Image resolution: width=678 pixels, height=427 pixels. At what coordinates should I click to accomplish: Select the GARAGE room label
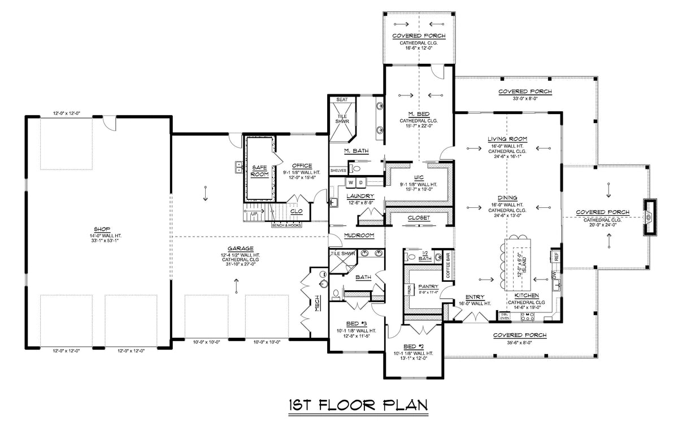(x=241, y=248)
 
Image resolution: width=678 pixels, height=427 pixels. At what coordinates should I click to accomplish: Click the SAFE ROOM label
(x=259, y=171)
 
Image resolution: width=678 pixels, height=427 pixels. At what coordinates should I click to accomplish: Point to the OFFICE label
(x=301, y=165)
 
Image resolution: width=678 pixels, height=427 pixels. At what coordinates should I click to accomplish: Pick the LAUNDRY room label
(x=357, y=196)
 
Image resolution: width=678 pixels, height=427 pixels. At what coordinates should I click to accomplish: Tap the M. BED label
(x=419, y=114)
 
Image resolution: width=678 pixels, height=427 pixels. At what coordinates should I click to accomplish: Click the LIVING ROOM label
(x=508, y=139)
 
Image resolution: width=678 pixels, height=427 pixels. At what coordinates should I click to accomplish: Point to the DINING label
(x=508, y=198)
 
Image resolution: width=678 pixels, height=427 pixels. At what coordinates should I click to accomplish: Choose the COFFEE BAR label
(x=449, y=264)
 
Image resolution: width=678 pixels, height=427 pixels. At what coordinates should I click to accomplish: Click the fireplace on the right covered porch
(x=649, y=217)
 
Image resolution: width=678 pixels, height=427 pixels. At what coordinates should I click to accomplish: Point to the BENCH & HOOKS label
(x=286, y=225)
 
